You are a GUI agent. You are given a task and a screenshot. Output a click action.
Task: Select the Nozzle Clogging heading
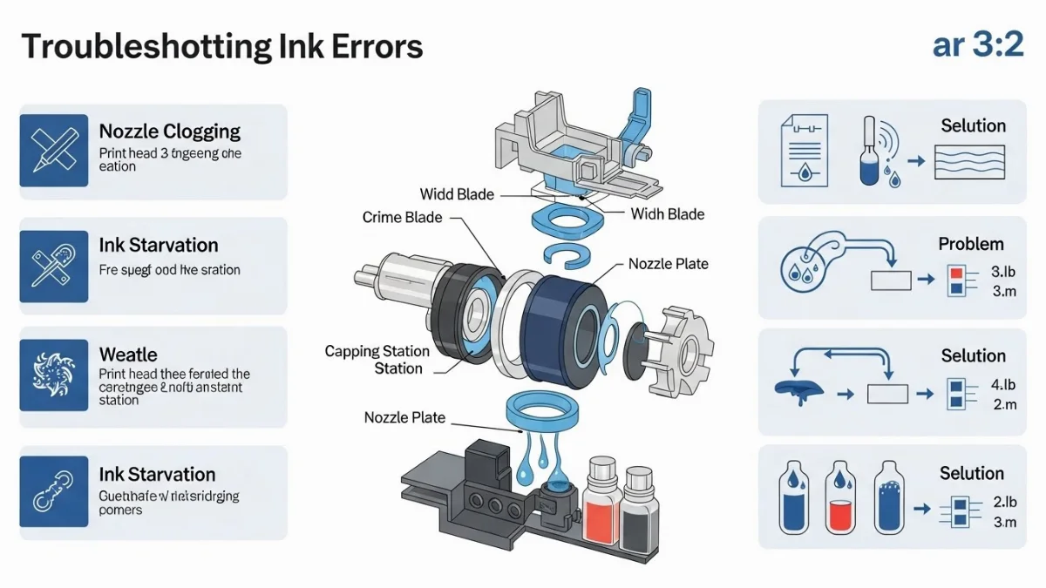click(169, 132)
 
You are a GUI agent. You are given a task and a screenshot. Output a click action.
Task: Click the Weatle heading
click(128, 355)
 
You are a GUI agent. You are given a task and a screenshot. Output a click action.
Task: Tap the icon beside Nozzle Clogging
click(54, 151)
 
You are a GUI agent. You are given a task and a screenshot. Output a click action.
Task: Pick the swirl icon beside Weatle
click(54, 374)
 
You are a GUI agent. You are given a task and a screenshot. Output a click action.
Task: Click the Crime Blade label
click(402, 217)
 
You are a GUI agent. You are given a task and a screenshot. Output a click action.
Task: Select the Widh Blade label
click(668, 213)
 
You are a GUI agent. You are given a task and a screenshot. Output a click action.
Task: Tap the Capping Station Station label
click(377, 359)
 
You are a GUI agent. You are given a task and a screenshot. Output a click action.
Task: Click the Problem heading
click(971, 244)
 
